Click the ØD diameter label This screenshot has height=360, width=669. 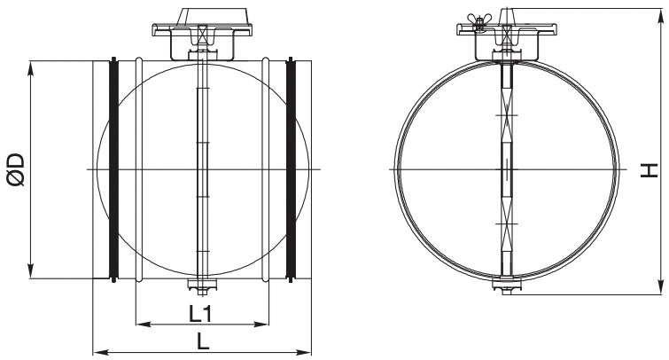[15, 168]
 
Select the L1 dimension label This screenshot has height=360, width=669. [202, 312]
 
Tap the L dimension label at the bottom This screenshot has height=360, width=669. [203, 340]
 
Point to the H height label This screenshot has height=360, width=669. [649, 168]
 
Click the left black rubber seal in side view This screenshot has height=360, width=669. [113, 168]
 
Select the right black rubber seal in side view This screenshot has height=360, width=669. [291, 168]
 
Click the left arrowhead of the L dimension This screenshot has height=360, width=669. [97, 353]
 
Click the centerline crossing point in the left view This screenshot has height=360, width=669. [202, 168]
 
